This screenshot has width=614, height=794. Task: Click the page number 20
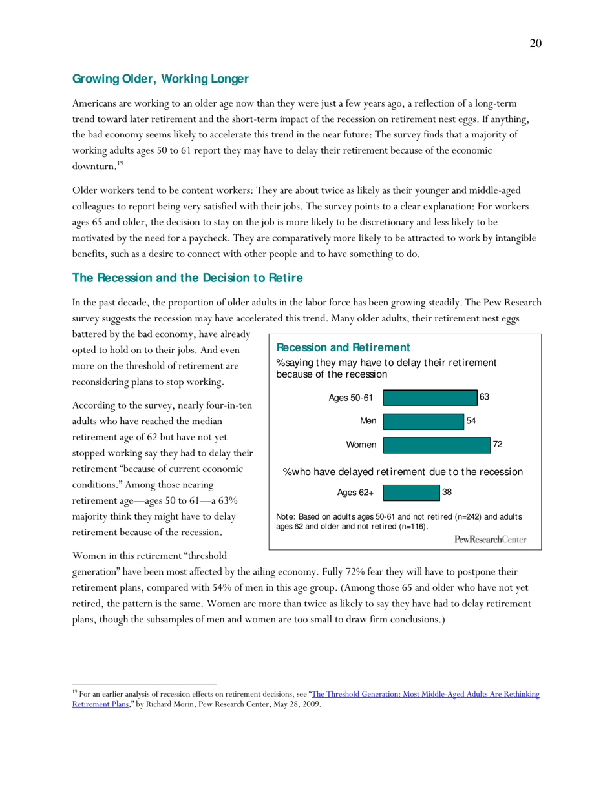(x=535, y=43)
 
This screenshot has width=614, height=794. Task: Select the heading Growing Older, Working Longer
(x=160, y=79)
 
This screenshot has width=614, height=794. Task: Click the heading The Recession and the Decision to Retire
(x=187, y=278)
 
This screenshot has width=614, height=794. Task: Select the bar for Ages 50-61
(x=430, y=398)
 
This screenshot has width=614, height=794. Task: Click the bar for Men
(x=423, y=422)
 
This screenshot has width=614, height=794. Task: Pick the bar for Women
(x=436, y=445)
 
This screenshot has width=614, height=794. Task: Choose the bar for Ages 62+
(x=411, y=493)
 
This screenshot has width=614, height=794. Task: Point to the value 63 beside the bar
(x=484, y=397)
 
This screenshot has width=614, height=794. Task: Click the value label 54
(x=471, y=421)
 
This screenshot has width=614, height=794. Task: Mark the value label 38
(x=447, y=492)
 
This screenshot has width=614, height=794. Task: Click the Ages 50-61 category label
(x=351, y=398)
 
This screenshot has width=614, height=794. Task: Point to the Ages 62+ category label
(x=355, y=493)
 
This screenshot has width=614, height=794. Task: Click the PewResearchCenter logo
(x=490, y=538)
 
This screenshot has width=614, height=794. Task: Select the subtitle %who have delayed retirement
(x=403, y=472)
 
